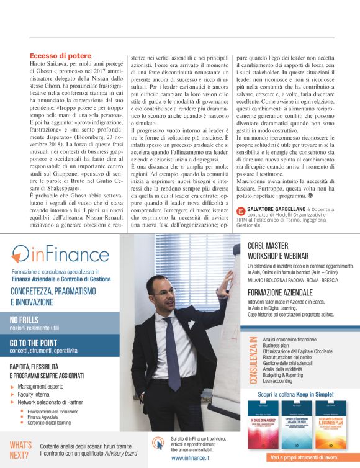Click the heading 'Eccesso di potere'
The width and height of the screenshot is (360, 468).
(60, 56)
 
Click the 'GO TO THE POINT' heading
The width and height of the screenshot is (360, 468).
(34, 343)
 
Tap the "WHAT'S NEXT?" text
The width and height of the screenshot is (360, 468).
(20, 449)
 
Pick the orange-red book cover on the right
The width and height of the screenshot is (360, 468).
(332, 424)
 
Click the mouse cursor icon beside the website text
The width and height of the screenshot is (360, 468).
(158, 445)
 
